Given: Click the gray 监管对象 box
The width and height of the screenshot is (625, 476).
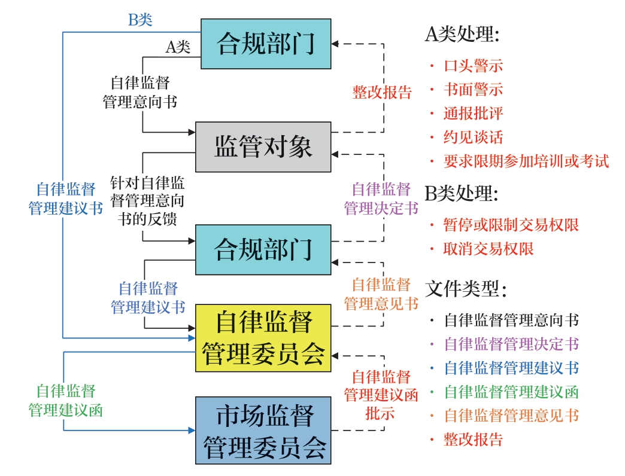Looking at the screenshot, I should point(263,147).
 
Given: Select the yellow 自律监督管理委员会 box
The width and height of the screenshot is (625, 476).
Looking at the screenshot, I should point(263,337).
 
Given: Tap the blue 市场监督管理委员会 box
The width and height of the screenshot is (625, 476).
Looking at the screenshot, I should point(263,431).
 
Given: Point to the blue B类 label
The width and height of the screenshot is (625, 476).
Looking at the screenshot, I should point(141,20).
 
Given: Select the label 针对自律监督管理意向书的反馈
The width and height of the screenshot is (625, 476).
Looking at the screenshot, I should point(147,201).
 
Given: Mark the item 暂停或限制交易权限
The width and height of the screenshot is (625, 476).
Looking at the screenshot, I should point(511,225).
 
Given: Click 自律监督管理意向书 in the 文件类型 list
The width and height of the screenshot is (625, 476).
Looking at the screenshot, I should point(511,320).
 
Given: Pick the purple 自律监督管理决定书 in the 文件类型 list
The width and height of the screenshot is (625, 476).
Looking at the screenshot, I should point(511,344).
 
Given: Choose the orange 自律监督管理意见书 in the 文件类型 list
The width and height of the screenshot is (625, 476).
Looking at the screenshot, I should point(511,416).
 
